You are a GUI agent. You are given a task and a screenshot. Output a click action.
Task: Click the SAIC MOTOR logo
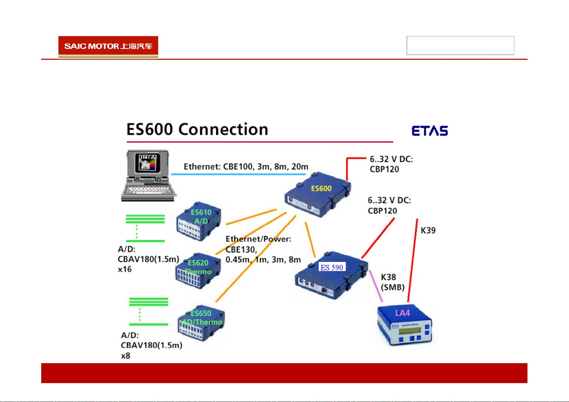point(108,46)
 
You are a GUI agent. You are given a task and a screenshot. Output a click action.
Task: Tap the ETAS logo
point(430,131)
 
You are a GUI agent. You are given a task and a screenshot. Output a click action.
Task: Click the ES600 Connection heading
point(197,130)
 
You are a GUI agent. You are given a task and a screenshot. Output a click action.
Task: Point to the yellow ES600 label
point(321,188)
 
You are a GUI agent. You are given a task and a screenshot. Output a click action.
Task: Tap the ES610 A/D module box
point(199,222)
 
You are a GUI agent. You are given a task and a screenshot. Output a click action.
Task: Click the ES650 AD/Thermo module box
point(201,323)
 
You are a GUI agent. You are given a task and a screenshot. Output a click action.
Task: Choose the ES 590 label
point(332,268)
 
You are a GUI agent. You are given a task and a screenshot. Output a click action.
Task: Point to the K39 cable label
point(428,231)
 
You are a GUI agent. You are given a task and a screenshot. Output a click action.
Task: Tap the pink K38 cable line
point(376,286)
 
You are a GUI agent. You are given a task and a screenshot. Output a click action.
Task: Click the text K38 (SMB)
point(392,282)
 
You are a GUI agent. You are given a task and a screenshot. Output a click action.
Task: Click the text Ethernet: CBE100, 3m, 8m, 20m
point(246,166)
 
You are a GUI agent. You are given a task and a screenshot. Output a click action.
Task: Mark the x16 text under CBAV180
point(125,269)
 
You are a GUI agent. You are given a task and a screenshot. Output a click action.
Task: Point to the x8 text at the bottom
point(126,356)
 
